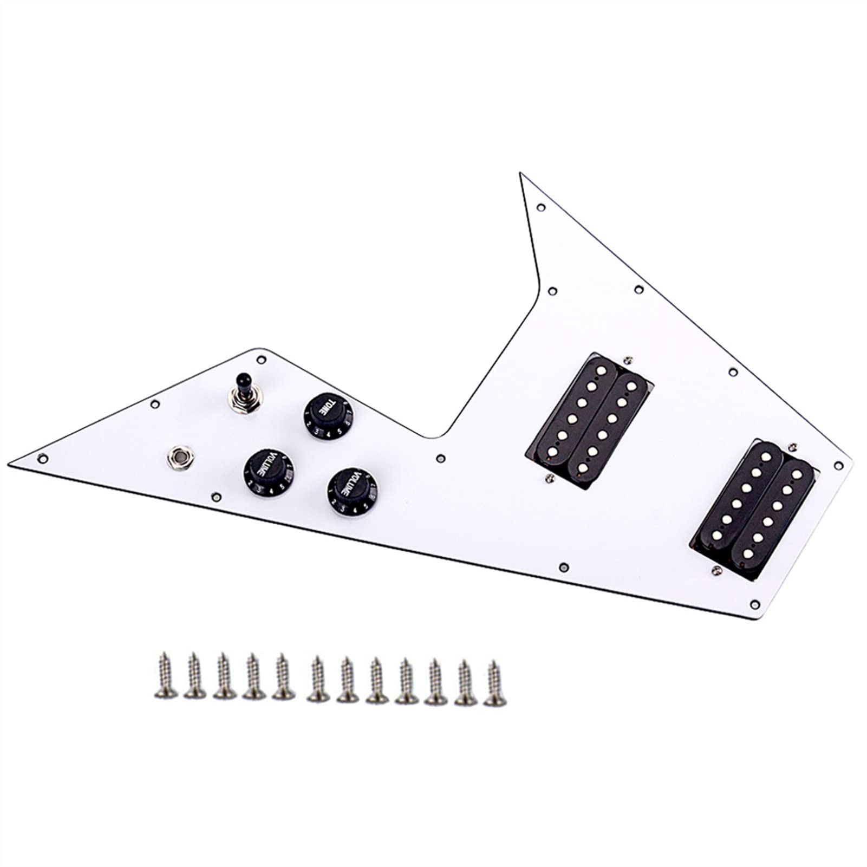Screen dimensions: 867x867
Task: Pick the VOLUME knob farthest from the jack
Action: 351,490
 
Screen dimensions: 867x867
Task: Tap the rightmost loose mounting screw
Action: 493,681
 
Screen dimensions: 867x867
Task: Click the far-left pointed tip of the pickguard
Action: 11,463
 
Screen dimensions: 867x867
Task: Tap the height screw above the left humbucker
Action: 628,359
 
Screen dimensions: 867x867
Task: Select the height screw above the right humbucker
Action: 793,445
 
